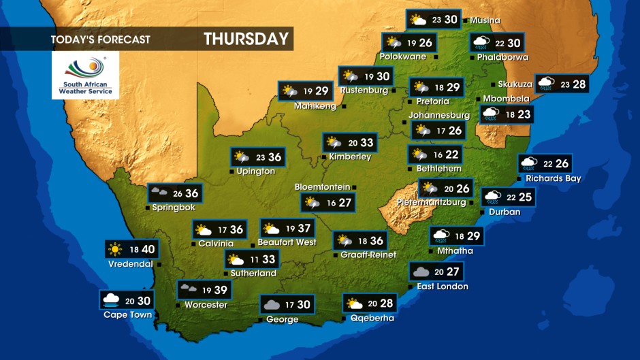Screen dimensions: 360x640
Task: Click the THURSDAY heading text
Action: [x=246, y=39]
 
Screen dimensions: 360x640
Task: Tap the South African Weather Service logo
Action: [x=85, y=75]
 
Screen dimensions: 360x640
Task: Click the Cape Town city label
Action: [x=127, y=314]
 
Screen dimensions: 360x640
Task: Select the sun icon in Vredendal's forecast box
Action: [x=114, y=249]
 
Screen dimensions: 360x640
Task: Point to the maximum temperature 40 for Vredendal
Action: [x=148, y=249]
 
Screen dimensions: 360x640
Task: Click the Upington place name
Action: [x=255, y=171]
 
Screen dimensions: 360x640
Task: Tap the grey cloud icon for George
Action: [x=271, y=305]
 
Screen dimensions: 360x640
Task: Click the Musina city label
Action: [x=485, y=20]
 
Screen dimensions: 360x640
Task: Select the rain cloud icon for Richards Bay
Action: [x=528, y=163]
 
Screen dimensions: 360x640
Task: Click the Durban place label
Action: [x=504, y=212]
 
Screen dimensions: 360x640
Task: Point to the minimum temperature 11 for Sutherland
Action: [x=254, y=259]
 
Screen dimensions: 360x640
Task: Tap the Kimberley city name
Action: [x=349, y=157]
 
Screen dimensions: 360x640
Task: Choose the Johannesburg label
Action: [x=438, y=115]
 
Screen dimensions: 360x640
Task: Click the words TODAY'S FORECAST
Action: [x=100, y=39]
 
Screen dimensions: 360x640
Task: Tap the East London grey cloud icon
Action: [x=420, y=272]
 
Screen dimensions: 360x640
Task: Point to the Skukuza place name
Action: [x=515, y=84]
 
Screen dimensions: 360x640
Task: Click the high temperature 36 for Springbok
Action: [x=191, y=193]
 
